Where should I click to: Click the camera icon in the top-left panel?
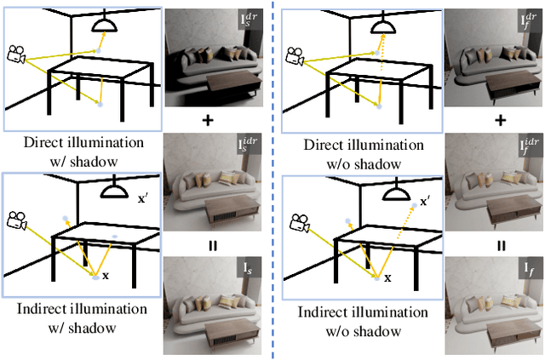[x=16, y=54]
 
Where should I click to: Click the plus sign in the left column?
[x=207, y=120]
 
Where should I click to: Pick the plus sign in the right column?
[x=501, y=120]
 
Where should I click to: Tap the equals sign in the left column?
[x=207, y=246]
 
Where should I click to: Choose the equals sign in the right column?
[x=501, y=246]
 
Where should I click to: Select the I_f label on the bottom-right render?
[x=529, y=271]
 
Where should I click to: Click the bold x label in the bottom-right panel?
[x=387, y=277]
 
